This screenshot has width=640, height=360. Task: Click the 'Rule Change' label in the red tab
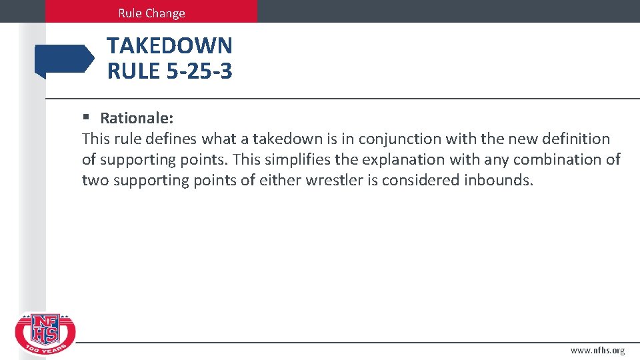(151, 13)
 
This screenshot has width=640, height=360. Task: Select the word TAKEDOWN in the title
(169, 46)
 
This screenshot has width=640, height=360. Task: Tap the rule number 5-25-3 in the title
(197, 70)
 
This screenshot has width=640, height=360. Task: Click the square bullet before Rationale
(86, 118)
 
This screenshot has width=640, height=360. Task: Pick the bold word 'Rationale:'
(137, 119)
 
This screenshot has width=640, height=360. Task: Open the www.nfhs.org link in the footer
(597, 351)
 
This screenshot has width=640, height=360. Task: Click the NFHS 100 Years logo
(45, 334)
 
